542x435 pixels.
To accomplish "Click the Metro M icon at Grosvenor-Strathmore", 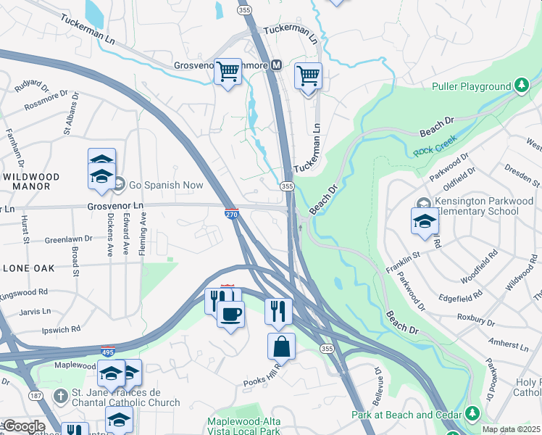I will (x=276, y=65).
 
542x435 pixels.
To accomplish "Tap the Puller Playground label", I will (x=472, y=86).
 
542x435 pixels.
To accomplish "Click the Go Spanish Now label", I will (x=166, y=185).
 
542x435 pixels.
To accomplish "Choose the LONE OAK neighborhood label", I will (x=28, y=268).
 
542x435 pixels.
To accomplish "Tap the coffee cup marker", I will (x=230, y=315).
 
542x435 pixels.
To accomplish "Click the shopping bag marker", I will (x=281, y=347).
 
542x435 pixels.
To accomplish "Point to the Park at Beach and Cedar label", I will (x=407, y=415).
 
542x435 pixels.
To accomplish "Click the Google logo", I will (x=25, y=426).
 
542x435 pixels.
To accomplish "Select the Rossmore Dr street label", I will (x=46, y=100).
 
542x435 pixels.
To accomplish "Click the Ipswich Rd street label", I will (x=61, y=329).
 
